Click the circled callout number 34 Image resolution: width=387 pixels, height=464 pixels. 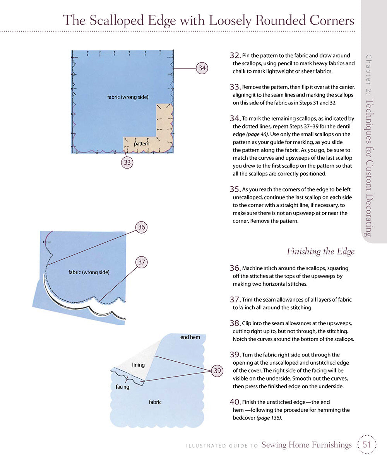point(202,68)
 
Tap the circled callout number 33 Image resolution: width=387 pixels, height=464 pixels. point(127,162)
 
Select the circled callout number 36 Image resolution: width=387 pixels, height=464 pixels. point(142,227)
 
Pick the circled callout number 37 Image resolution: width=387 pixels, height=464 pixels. point(142,262)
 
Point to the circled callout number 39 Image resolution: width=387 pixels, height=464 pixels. point(217,370)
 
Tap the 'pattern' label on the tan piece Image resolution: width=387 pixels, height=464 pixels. point(142,144)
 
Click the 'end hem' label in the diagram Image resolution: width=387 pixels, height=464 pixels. point(190,337)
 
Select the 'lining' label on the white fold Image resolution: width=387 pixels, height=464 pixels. point(138,365)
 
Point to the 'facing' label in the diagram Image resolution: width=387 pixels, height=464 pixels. point(122,387)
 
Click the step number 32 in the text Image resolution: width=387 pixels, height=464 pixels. point(235,56)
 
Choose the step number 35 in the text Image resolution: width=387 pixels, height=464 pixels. point(235,189)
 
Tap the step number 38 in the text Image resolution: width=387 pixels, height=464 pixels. point(235,323)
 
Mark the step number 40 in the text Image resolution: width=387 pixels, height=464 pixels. point(235,403)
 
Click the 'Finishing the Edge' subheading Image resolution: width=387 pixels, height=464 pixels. point(320,251)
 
